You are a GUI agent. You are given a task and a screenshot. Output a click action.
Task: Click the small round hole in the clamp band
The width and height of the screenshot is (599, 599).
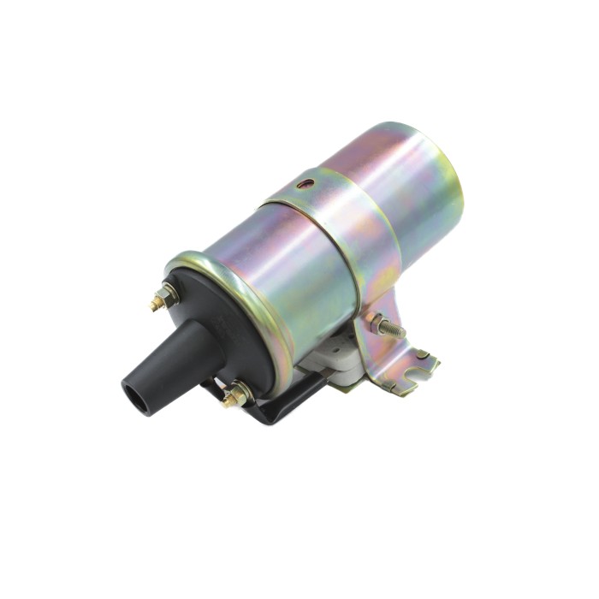point(305,183)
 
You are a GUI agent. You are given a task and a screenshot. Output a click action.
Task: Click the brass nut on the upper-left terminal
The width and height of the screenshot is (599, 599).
point(169,295)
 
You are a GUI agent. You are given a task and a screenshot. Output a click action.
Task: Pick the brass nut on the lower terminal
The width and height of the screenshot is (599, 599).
point(237,394)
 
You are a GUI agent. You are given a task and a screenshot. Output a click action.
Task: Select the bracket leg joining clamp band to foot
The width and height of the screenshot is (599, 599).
point(377,347)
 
